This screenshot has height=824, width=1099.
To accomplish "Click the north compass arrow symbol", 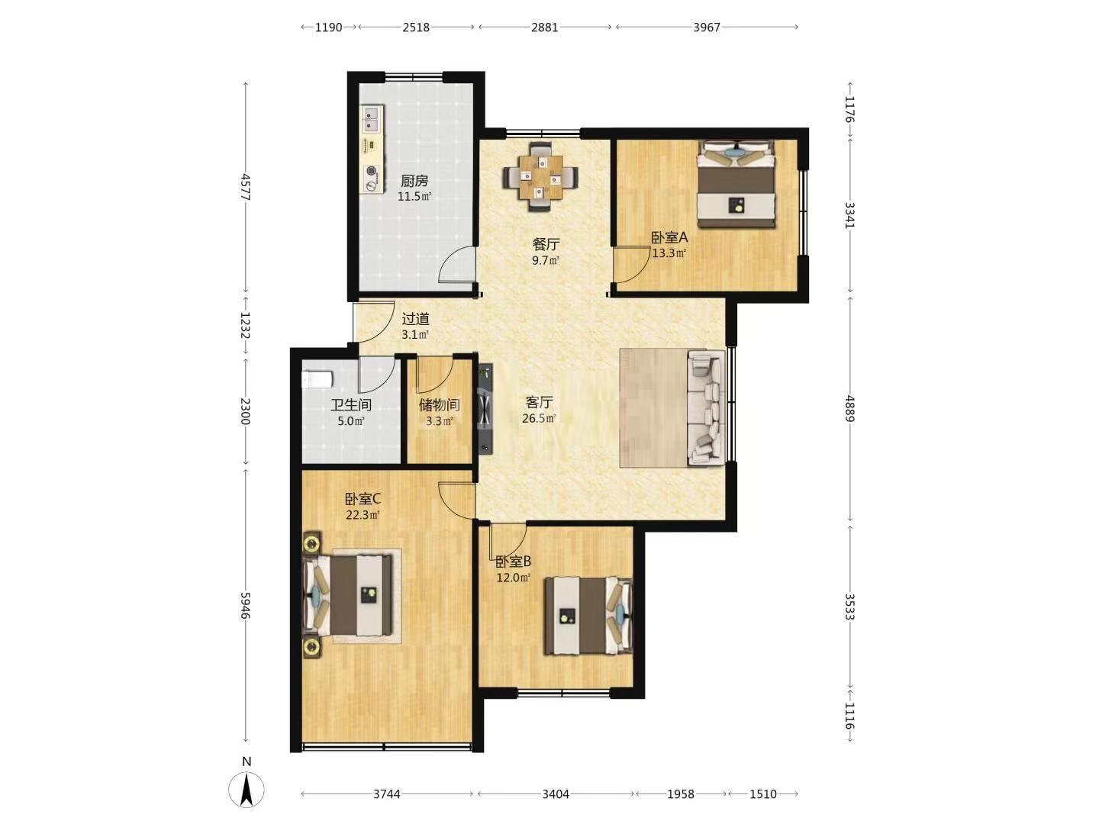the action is coord(246,790).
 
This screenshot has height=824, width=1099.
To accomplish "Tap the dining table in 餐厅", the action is coord(540,176).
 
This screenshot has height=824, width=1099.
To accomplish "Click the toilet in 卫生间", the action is coord(317,379).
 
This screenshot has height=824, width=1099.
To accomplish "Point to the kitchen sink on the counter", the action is coord(371,120).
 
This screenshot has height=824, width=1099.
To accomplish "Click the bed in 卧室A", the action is coord(736,184).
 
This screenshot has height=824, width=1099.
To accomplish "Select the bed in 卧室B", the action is coord(588,616).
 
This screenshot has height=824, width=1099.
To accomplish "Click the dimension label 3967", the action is coord(707,27).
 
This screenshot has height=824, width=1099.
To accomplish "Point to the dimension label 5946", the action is coord(245,605).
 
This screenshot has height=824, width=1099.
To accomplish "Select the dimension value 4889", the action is coord(849,408).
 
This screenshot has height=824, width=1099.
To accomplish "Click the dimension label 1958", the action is coord(681,794).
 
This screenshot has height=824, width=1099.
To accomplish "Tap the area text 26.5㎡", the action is coord(539,418).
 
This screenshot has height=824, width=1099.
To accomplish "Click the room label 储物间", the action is coord(439,404).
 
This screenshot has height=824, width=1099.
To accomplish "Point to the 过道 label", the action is coord(416,319).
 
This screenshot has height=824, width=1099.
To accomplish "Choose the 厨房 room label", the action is coord(414,181).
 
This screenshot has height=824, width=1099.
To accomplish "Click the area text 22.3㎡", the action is coord(363,514).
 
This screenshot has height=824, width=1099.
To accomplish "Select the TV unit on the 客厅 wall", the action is coord(485,408).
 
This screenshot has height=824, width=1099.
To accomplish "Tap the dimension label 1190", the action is coord(328,27).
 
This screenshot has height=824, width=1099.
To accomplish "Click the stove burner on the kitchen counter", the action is coord(371,171).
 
